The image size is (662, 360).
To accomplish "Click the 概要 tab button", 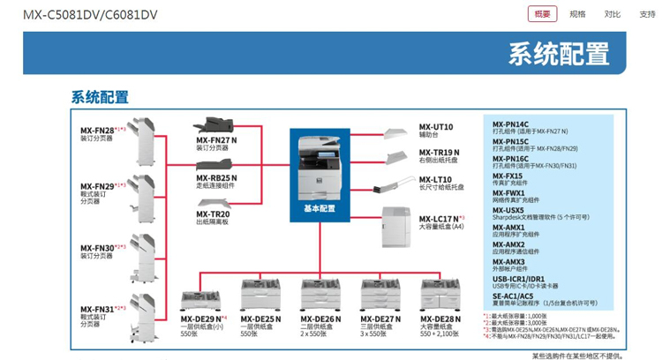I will point(542,14).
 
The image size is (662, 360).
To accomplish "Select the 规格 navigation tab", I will point(577,14).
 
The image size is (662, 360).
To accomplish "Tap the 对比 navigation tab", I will point(612,14).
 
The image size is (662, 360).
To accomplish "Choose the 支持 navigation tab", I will point(648,14).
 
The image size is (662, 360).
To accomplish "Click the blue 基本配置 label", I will point(320,209).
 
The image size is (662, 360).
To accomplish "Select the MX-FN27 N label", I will point(216,140).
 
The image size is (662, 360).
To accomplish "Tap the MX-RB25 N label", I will point(216,177).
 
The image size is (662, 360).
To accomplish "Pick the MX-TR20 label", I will point(213,214).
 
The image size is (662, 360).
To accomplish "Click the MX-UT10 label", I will point(435,126).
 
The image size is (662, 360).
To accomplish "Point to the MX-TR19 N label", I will point(439,153).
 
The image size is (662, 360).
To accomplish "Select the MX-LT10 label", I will point(435,179).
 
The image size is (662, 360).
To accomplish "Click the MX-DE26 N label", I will point(319,319).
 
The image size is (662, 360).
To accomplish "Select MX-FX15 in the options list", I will point(508,176).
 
